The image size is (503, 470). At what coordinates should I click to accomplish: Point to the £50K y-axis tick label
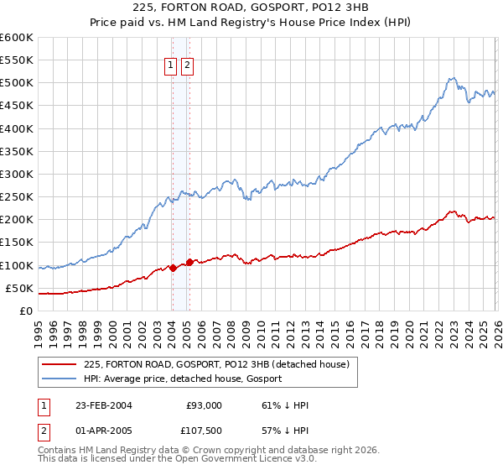[20, 288]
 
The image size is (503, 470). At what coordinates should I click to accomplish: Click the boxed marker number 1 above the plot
[170, 66]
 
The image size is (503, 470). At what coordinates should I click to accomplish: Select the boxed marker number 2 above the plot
[186, 66]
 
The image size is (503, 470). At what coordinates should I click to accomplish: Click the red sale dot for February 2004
[173, 269]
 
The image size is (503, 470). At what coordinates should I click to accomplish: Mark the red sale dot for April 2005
[189, 262]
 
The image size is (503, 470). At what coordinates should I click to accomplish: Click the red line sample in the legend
[59, 364]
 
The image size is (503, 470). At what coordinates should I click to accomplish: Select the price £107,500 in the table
[202, 432]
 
